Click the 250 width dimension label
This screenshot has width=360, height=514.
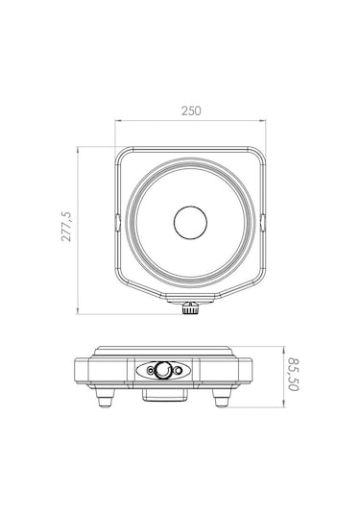point(191,110)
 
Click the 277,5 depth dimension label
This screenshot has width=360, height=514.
point(66,227)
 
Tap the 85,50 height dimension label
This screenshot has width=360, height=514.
point(294,375)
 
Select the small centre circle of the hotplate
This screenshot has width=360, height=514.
point(190,222)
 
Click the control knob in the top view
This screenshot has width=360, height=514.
point(190,308)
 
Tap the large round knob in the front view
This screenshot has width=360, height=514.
point(163,370)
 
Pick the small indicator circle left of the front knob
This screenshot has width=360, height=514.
point(151,371)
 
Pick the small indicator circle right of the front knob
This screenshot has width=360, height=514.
point(178,371)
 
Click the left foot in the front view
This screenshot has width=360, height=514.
point(105,398)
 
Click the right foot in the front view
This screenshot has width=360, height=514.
point(222,398)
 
